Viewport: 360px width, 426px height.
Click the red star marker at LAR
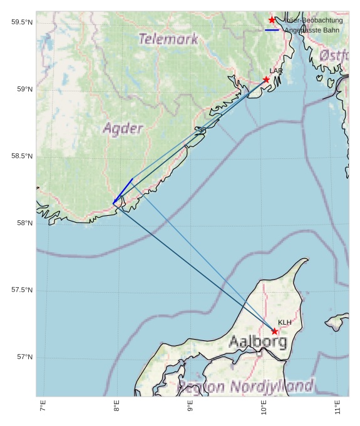(x=266, y=79)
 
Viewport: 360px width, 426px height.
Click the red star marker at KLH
(x=275, y=331)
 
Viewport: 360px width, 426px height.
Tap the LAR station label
(x=276, y=71)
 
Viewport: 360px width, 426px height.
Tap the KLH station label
(x=285, y=322)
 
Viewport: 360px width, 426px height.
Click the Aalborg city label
(x=258, y=342)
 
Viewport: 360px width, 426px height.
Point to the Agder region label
(x=123, y=129)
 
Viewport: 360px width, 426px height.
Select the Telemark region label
(x=168, y=39)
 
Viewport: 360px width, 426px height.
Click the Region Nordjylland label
(x=245, y=386)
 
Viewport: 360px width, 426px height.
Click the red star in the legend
(x=272, y=20)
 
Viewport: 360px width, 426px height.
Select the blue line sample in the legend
(x=272, y=30)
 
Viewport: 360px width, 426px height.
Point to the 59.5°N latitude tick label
(x=22, y=23)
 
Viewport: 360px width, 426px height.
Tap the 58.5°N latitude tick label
(x=22, y=156)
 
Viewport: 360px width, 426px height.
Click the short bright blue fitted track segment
(x=123, y=191)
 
